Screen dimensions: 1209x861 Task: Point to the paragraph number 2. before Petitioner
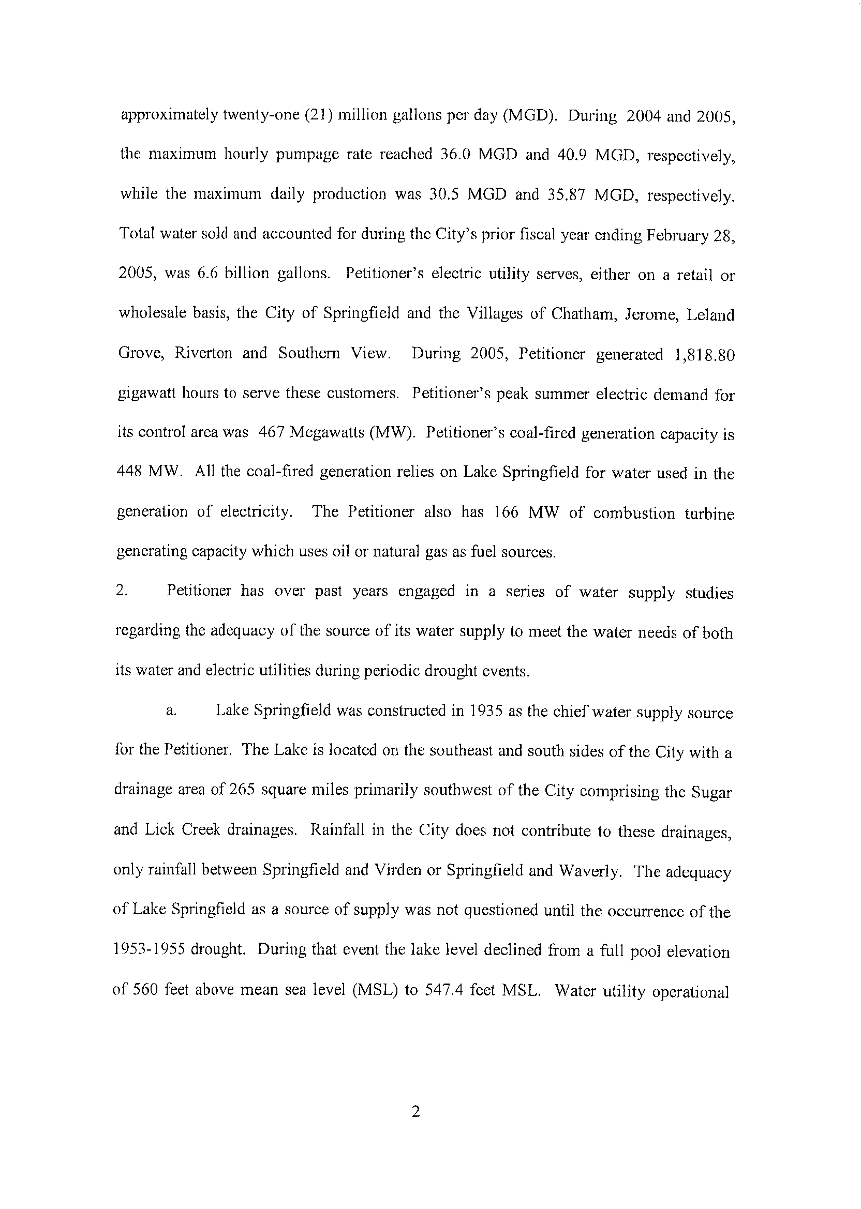[122, 591]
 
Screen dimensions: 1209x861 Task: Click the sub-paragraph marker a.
[171, 712]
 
